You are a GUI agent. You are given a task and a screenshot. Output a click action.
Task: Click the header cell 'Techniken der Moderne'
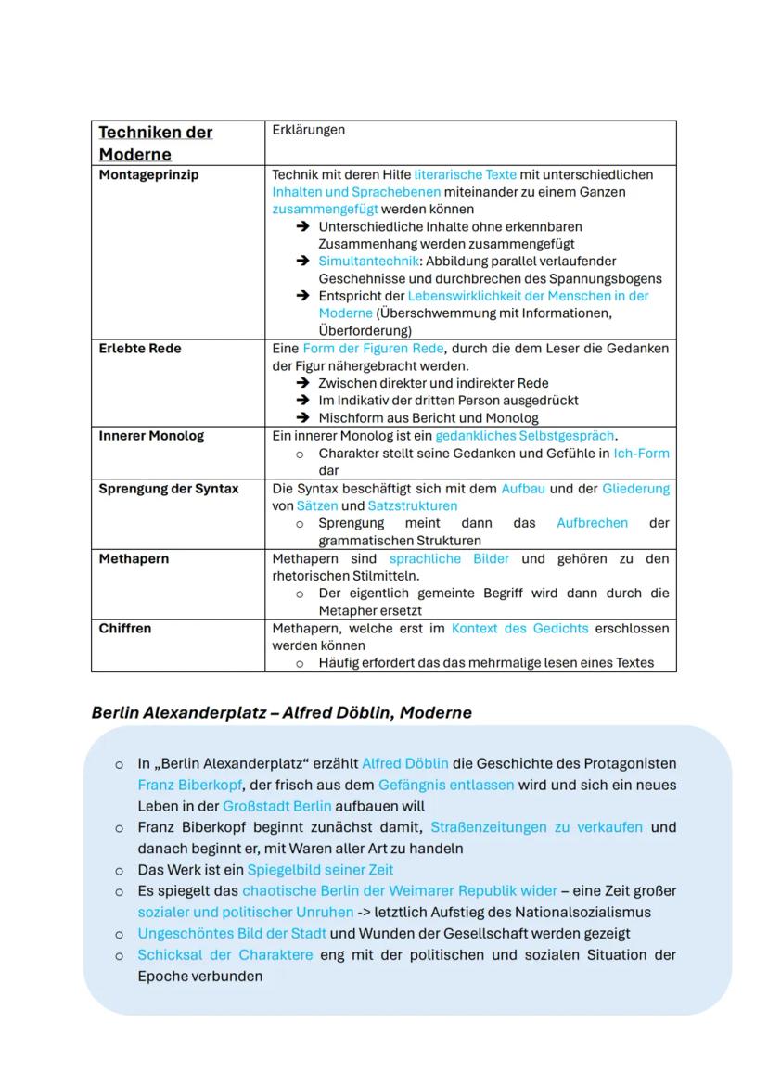tap(155, 143)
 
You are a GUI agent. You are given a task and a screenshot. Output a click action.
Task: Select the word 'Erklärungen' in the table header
tap(308, 130)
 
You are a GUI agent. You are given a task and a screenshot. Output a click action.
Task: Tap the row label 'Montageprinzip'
tap(148, 174)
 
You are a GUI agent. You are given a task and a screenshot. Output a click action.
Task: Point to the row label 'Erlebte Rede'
tap(140, 349)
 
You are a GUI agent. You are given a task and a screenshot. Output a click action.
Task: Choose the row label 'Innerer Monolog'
tap(151, 436)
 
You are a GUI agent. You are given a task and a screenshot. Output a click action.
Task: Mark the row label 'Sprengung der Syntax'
tap(168, 489)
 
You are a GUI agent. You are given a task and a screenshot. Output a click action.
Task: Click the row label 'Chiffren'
tap(125, 629)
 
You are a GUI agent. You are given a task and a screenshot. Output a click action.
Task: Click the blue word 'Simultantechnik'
tap(367, 262)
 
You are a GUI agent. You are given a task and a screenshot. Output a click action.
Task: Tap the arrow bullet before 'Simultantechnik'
tap(302, 262)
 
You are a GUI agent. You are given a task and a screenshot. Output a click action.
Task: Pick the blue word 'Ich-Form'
tap(641, 454)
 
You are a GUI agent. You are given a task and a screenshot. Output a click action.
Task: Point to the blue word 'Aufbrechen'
tap(592, 523)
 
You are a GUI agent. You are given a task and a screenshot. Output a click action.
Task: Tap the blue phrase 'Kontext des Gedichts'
tap(519, 629)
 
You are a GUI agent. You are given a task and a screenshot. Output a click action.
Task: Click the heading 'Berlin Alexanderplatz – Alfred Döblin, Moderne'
tap(281, 712)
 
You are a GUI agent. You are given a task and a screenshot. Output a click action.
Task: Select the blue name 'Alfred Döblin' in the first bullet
tap(404, 764)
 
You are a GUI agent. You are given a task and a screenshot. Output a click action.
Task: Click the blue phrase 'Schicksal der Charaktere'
tap(225, 955)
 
